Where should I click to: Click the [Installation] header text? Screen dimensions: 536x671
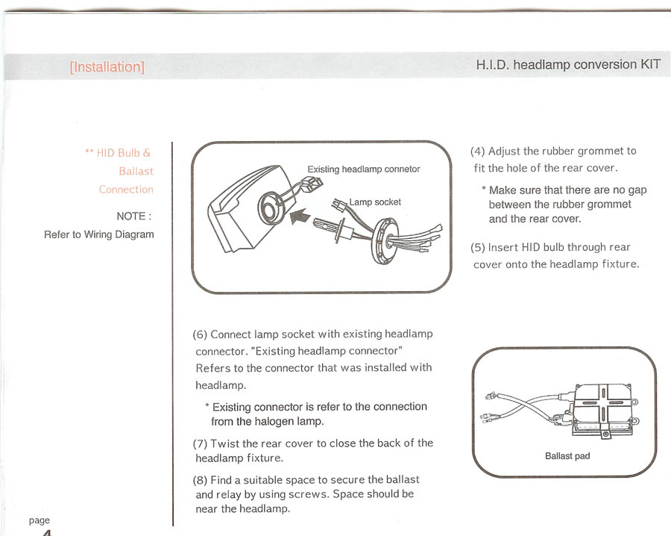107,67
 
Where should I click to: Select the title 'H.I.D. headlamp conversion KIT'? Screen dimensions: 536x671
567,65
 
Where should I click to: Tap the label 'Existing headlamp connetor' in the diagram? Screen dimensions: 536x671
364,169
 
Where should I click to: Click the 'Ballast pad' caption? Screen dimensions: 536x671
567,456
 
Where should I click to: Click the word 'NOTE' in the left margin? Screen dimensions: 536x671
132,216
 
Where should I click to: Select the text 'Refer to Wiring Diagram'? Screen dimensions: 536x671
99,234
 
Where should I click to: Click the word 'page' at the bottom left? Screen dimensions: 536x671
40,520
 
